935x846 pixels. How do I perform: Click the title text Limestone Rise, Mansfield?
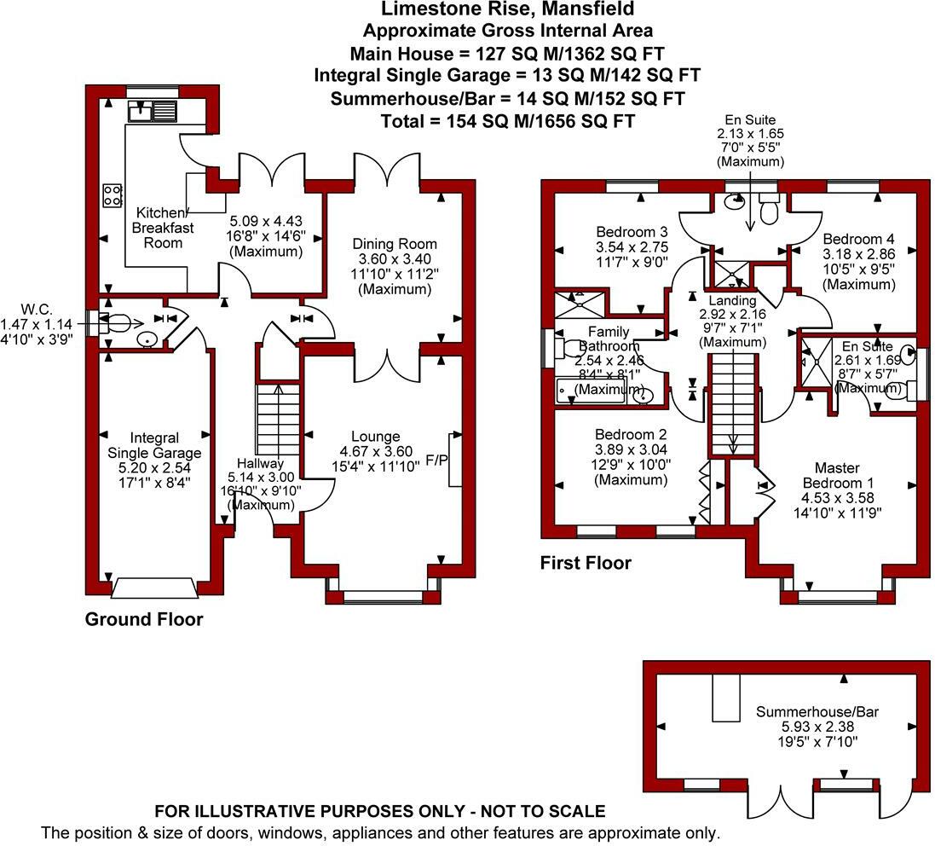pos(508,9)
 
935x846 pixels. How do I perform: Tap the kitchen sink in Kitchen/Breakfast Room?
pos(152,110)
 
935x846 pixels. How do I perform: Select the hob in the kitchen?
pos(111,195)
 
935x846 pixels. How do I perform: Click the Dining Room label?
pos(395,244)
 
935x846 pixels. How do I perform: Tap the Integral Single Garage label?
pos(154,445)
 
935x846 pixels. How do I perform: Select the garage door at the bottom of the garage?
pos(154,588)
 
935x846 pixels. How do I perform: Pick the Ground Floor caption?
pos(144,620)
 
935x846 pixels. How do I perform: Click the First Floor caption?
pos(586,563)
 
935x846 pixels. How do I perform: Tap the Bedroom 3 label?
pos(631,232)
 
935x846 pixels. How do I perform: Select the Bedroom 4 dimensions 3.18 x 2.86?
pos(858,254)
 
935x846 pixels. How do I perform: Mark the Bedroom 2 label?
pos(631,433)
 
